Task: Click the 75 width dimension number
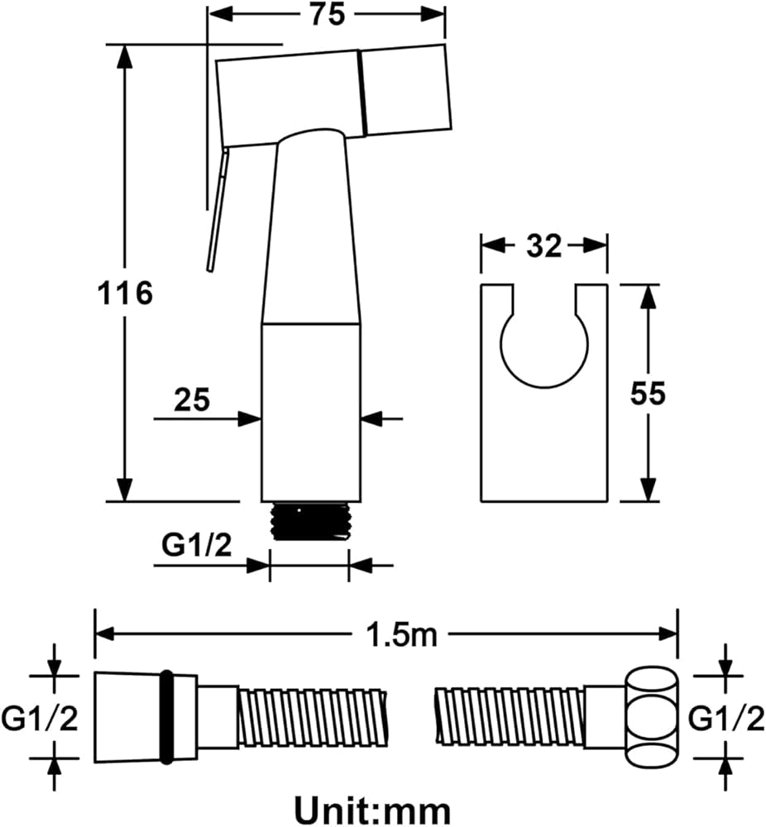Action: pos(328,14)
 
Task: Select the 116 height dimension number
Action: pos(125,293)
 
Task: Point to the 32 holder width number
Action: pos(543,246)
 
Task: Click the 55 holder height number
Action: pos(648,394)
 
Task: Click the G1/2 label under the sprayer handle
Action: pos(196,546)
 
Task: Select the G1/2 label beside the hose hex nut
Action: pos(727,719)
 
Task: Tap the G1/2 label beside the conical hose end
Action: pos(39,719)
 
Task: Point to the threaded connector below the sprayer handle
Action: pos(309,522)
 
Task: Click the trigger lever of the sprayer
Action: pos(217,211)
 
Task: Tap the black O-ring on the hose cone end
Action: pos(166,716)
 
